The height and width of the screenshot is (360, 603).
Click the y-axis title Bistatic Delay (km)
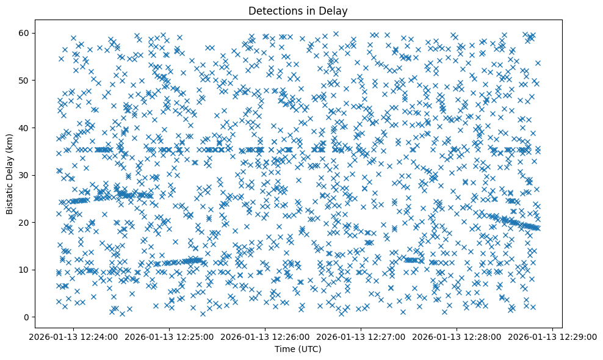tap(10, 173)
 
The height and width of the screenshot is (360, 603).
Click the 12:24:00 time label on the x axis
tap(74, 336)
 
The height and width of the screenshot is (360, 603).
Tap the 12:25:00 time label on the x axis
tap(170, 336)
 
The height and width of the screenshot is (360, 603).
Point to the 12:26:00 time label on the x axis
tap(265, 336)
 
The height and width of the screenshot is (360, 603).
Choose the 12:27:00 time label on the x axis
tap(361, 336)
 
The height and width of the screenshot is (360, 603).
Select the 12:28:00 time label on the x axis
tap(457, 336)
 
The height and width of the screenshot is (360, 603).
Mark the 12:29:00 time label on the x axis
tap(553, 336)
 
